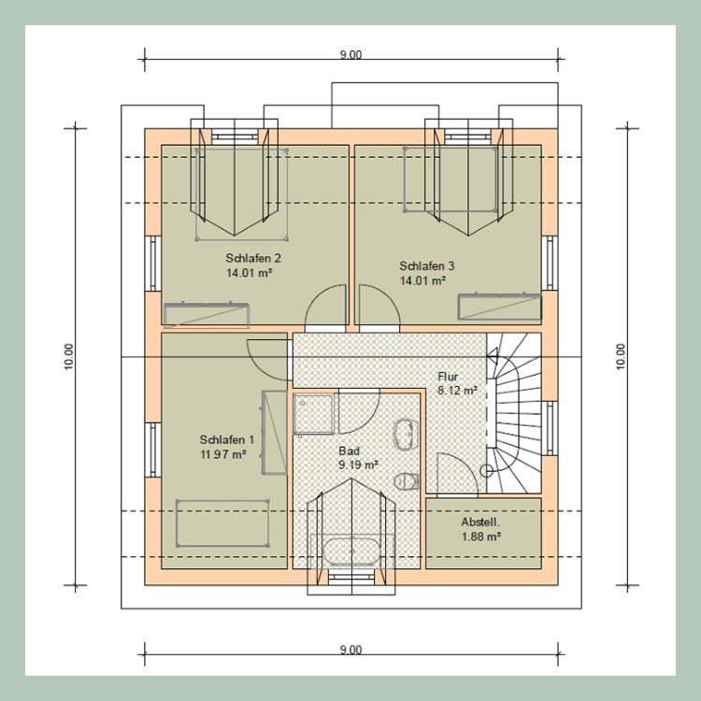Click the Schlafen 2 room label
tap(253, 258)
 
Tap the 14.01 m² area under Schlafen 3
tap(422, 280)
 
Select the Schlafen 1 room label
tap(227, 440)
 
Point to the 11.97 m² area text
tap(223, 454)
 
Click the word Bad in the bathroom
tap(350, 451)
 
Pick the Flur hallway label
tap(448, 377)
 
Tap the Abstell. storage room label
tap(480, 522)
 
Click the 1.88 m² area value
tap(481, 536)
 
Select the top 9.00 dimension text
tap(350, 55)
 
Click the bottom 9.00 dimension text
tap(350, 650)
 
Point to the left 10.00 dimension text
tap(69, 356)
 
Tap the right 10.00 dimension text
tap(621, 356)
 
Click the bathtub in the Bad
tap(351, 551)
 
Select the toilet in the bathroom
tap(406, 481)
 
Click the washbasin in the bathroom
tap(406, 434)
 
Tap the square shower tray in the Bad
tap(313, 414)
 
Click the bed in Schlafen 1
tap(222, 523)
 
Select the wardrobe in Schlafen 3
tap(500, 307)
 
